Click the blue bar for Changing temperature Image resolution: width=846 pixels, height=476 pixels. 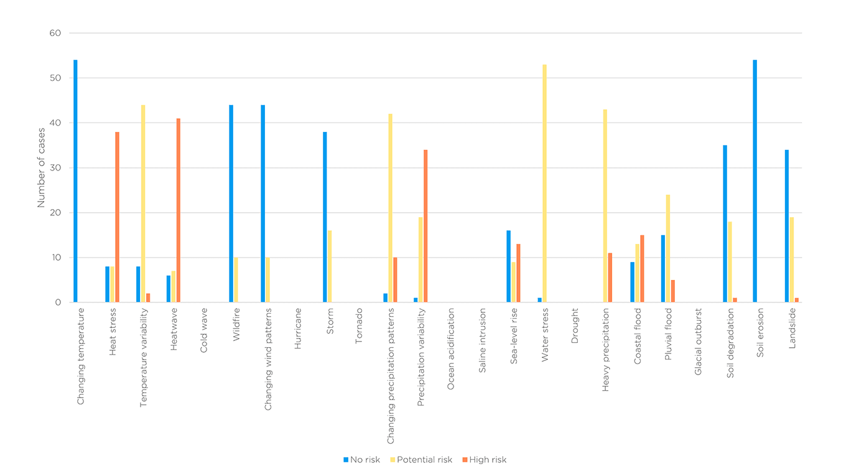tap(75, 181)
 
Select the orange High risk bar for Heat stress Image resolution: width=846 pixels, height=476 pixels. tap(117, 217)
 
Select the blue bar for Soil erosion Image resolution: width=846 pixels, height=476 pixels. tap(755, 181)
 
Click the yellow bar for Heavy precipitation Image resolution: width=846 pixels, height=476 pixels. tap(605, 206)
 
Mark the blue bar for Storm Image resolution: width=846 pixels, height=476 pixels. tap(325, 217)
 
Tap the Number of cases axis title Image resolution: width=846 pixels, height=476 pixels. tap(41, 168)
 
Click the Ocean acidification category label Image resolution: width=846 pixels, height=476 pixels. tap(452, 349)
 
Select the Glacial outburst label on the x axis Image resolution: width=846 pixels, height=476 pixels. tap(699, 342)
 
